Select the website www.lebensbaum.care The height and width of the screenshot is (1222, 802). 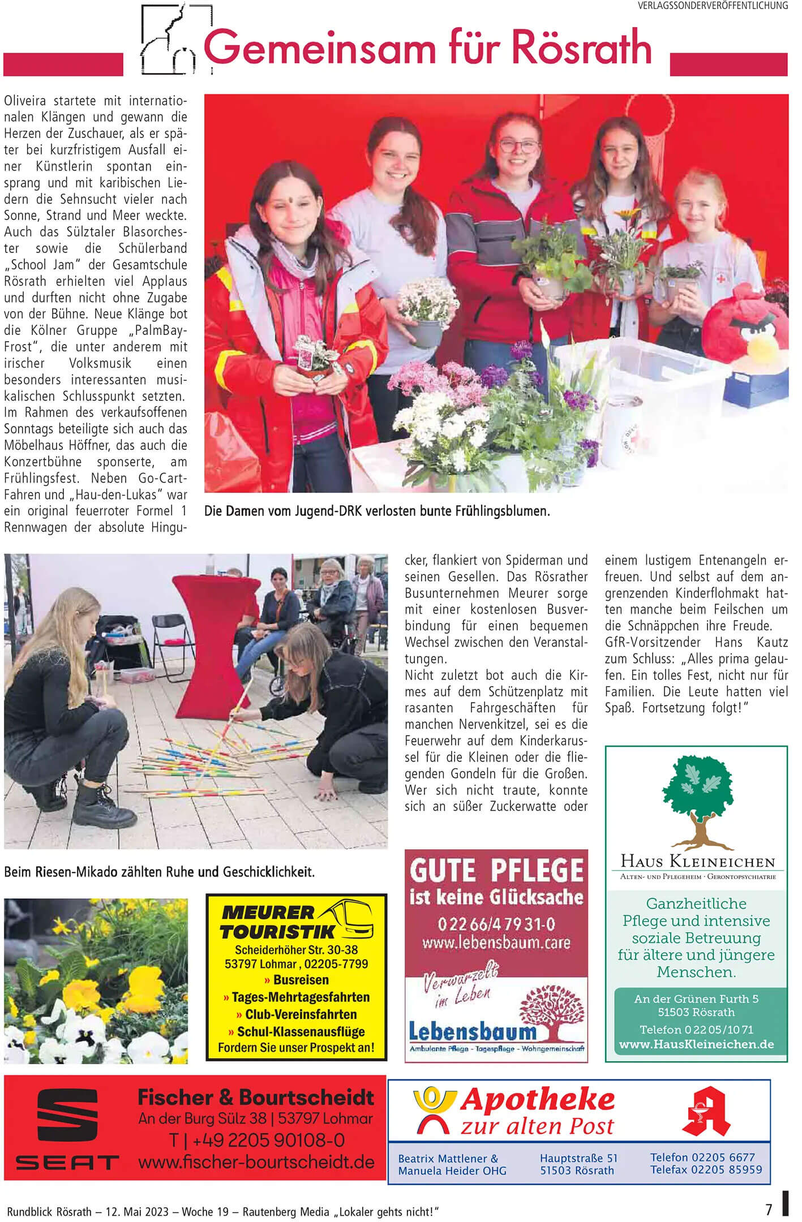496,943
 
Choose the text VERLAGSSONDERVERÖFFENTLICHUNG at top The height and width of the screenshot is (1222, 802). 713,6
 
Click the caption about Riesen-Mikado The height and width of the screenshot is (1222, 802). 159,872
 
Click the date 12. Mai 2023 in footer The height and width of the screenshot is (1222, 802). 134,1211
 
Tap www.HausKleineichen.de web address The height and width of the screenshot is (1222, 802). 696,1044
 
